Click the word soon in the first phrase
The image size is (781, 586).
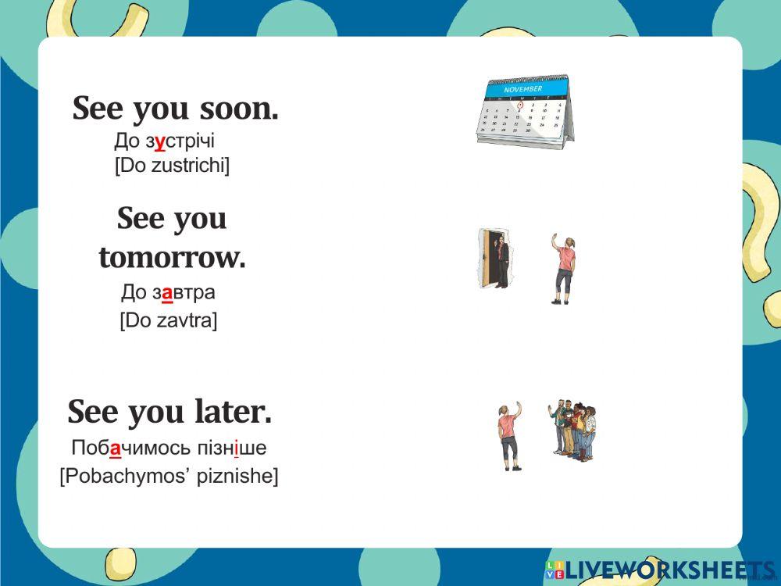(x=238, y=108)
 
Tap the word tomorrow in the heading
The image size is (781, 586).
(x=173, y=258)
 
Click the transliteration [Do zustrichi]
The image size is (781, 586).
(x=173, y=166)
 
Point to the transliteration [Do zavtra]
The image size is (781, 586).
(x=169, y=320)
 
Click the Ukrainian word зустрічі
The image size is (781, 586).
(x=180, y=141)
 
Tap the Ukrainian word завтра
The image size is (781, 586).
(x=184, y=292)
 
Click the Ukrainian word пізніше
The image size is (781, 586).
(x=232, y=448)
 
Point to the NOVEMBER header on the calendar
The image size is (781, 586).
(x=523, y=89)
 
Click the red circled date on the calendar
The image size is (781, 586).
(x=520, y=105)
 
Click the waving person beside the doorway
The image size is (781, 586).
(x=563, y=268)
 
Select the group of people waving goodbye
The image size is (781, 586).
(x=572, y=430)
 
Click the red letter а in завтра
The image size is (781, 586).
(x=167, y=293)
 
